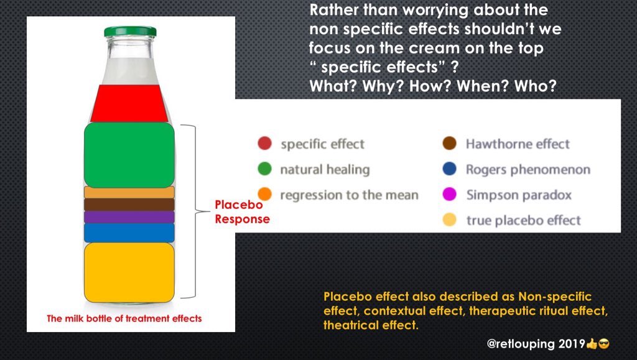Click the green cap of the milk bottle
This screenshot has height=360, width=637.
130,31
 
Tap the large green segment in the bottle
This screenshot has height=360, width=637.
129,155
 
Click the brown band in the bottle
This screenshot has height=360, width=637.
129,205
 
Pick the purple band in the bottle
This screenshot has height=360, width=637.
129,217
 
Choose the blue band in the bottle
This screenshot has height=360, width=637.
129,233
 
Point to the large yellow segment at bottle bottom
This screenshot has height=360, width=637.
129,272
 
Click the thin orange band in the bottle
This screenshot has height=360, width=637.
129,193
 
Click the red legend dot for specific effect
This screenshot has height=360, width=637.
264,144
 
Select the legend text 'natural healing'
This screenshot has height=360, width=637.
324,170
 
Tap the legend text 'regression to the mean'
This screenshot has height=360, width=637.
349,195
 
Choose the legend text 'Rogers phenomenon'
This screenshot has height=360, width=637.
528,170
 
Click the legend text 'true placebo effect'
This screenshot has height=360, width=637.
523,220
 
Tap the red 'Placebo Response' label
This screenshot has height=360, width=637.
242,212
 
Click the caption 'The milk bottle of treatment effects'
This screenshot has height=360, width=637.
124,318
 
